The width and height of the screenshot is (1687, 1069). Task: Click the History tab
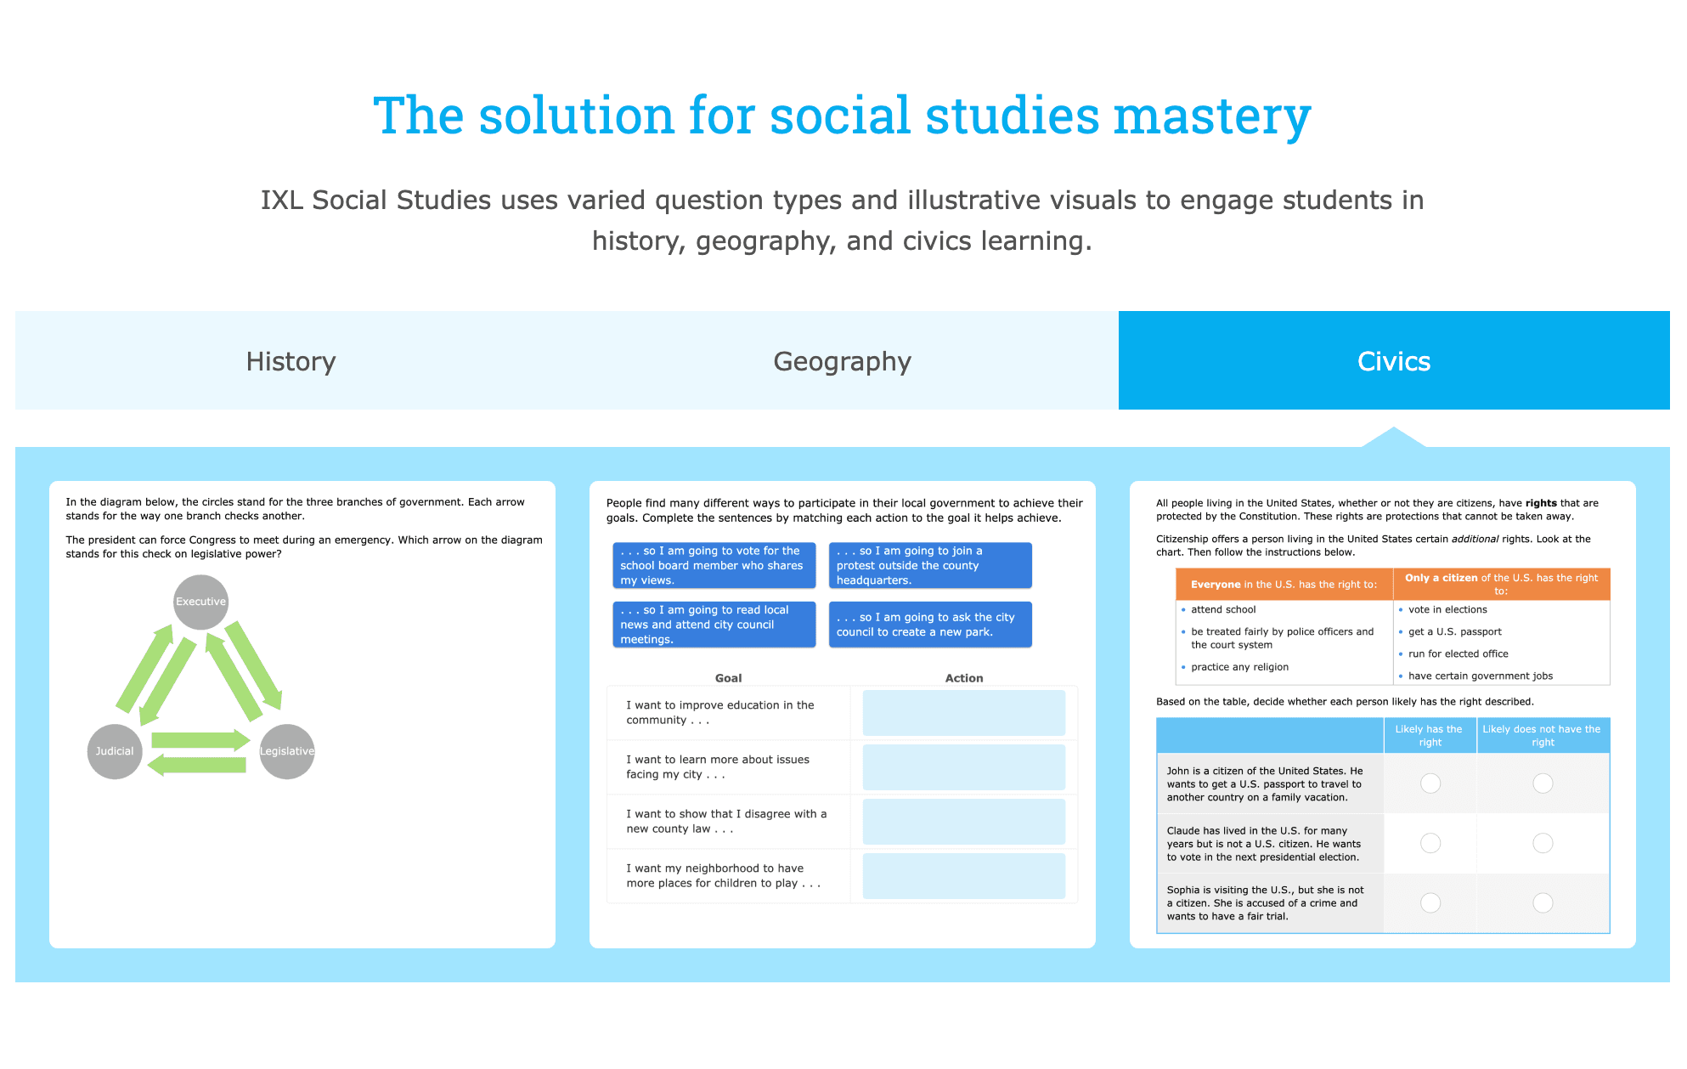point(291,360)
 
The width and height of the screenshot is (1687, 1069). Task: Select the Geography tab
point(842,360)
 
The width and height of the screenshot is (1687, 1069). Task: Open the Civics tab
point(1394,360)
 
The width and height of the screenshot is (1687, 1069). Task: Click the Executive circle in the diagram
point(200,602)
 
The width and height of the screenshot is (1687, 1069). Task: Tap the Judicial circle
point(115,751)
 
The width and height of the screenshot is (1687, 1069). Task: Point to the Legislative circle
point(287,751)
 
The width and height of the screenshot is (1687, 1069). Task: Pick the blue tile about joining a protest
point(930,565)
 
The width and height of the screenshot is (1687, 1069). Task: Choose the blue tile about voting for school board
point(714,565)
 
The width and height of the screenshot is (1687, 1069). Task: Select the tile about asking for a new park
point(930,625)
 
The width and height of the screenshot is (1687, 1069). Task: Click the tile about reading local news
point(714,625)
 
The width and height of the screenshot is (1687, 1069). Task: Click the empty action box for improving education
point(964,712)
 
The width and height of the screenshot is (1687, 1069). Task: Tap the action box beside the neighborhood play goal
point(964,875)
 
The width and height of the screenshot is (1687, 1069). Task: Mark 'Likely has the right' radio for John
point(1430,783)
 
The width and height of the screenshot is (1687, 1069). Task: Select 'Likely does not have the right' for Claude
point(1543,843)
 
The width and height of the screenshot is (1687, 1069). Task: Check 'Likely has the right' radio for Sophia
point(1430,902)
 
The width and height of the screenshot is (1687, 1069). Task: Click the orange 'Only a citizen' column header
point(1501,584)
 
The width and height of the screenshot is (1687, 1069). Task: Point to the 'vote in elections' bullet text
point(1447,609)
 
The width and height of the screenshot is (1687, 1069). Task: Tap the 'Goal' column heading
point(728,678)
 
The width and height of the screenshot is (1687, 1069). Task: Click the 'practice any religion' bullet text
point(1239,667)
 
